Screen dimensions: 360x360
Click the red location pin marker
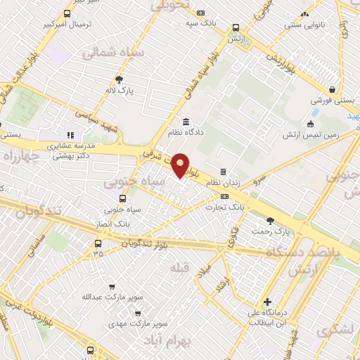(x=181, y=165)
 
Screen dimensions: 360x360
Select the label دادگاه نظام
(x=185, y=131)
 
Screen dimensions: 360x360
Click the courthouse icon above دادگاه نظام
(x=186, y=120)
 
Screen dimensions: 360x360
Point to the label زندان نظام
(x=223, y=182)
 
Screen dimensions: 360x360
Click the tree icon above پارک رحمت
(x=271, y=220)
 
